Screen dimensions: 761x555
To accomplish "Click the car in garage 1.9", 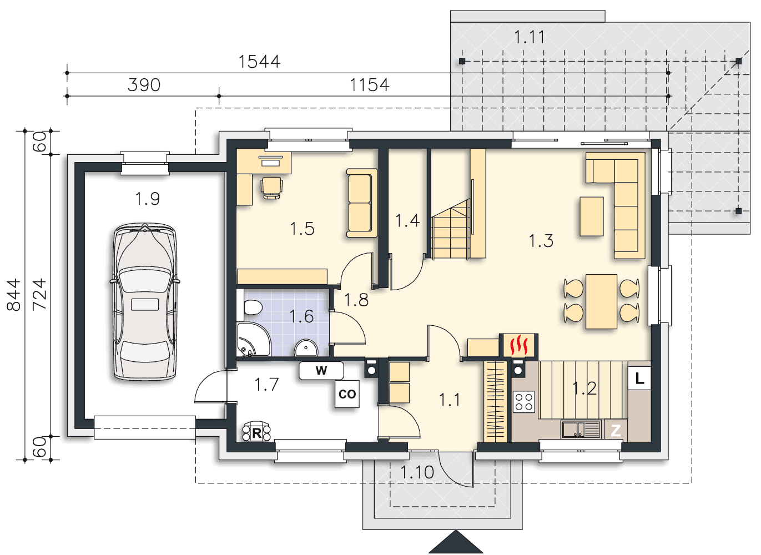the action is [145, 301].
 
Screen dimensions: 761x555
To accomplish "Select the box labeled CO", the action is [347, 394].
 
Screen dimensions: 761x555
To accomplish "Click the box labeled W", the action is [321, 371].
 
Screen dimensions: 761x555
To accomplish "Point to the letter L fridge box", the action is [639, 378].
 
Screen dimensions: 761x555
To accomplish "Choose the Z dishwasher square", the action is [616, 431].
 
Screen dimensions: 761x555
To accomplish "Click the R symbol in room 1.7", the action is [256, 432].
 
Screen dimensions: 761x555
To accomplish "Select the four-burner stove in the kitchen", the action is [523, 402].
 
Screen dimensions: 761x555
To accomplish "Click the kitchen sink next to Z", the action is [581, 430].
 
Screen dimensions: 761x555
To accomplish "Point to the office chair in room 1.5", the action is [271, 188].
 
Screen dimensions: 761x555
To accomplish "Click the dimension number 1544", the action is [259, 62].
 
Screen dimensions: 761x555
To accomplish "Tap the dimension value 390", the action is [144, 85].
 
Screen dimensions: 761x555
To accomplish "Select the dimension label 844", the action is [13, 295].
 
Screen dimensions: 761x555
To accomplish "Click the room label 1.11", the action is [530, 37].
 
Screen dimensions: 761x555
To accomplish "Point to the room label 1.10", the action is [417, 472].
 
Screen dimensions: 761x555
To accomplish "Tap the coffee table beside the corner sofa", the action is [592, 216].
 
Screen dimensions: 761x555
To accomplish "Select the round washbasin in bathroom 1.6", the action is [306, 348].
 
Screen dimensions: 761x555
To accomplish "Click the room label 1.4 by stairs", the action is [407, 220].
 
